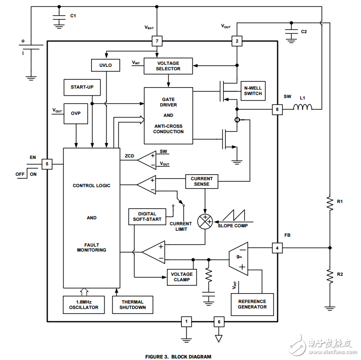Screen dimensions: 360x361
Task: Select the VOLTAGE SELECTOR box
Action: pyautogui.click(x=168, y=66)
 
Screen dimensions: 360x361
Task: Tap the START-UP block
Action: pyautogui.click(x=82, y=87)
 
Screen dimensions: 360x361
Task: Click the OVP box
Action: pyautogui.click(x=75, y=113)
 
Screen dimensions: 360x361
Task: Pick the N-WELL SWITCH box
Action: pyautogui.click(x=253, y=91)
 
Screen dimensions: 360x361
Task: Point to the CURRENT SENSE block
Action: pyautogui.click(x=202, y=181)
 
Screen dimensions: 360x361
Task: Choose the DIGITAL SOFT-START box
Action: pyautogui.click(x=147, y=216)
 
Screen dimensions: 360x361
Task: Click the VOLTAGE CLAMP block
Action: pyautogui.click(x=182, y=277)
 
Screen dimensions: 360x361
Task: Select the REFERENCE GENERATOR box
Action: pyautogui.click(x=252, y=304)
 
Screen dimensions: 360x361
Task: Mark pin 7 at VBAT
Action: pyautogui.click(x=157, y=41)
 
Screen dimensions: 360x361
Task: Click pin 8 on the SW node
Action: pyautogui.click(x=277, y=109)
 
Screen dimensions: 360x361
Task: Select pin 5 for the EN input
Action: pyautogui.click(x=47, y=163)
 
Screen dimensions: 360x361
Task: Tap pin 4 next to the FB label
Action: pyautogui.click(x=277, y=247)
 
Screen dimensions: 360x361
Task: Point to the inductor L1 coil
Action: pyautogui.click(x=304, y=108)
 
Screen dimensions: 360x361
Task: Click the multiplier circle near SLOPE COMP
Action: pyautogui.click(x=205, y=221)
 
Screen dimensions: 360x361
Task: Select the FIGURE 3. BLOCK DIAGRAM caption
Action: pyautogui.click(x=178, y=356)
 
